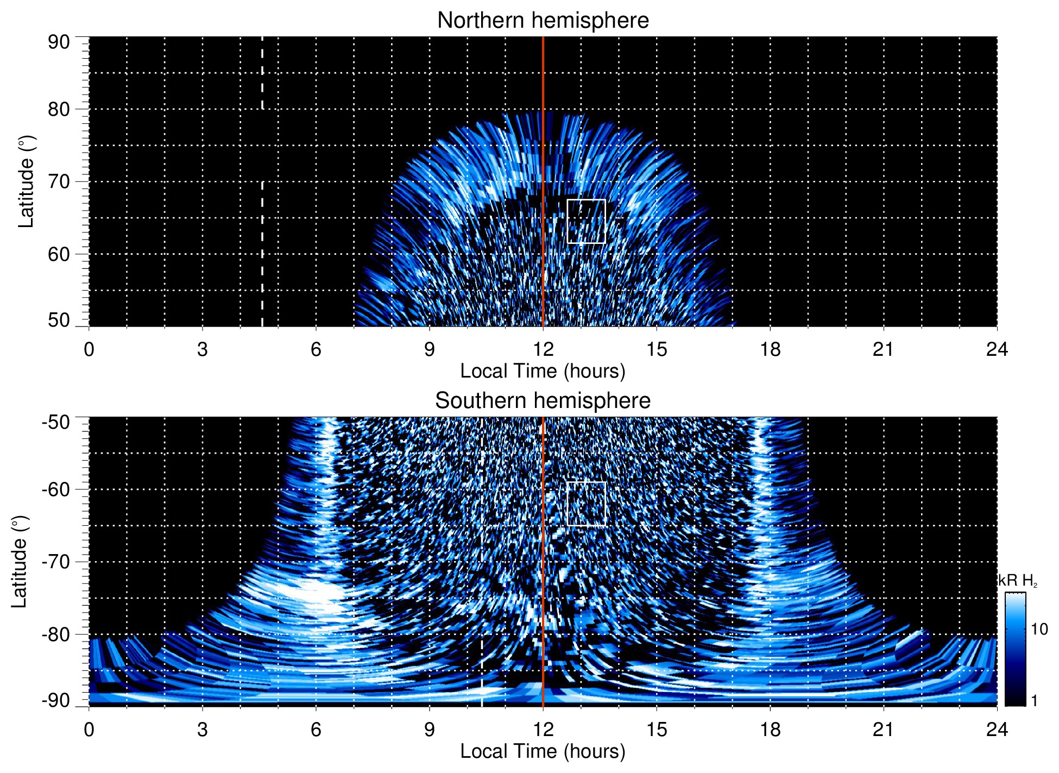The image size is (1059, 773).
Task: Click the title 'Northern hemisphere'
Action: (543, 21)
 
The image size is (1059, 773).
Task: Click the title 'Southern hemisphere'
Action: (543, 401)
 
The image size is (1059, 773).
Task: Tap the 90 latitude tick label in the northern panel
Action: (59, 42)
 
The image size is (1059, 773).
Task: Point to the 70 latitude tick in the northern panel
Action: (59, 181)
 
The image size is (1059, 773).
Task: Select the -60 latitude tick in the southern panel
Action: (55, 489)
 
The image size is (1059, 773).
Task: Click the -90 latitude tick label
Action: (55, 701)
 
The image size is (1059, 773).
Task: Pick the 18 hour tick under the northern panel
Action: (770, 349)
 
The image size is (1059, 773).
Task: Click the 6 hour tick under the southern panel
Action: (316, 730)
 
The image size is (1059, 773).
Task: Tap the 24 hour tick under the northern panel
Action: (997, 349)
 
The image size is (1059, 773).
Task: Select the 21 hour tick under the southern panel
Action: (884, 730)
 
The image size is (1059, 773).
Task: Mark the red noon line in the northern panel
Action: (543, 163)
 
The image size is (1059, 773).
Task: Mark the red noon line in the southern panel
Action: (543, 543)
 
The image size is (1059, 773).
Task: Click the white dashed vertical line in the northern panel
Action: (262, 217)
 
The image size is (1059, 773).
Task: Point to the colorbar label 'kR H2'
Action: (1017, 581)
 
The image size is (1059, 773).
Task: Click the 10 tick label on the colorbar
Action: (1039, 630)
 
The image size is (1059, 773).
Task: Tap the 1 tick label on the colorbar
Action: (1034, 701)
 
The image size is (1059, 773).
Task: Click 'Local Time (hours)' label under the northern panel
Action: (543, 371)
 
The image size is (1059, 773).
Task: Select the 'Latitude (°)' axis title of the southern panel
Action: (19, 562)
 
